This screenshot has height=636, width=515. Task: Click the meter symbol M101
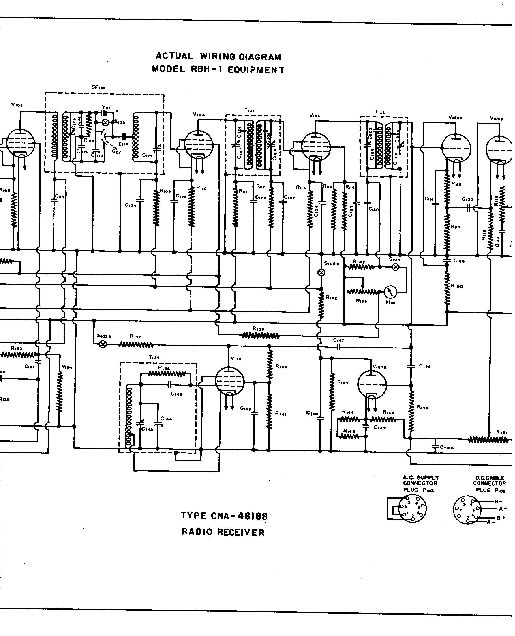tap(390, 292)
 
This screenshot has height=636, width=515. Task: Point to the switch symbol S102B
tap(103, 344)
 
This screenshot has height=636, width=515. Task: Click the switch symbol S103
tap(395, 267)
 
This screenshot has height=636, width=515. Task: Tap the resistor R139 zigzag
tap(260, 336)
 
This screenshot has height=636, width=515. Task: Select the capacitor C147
tap(338, 347)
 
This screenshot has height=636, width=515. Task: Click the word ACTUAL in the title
tap(175, 56)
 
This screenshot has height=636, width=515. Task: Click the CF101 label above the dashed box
tap(98, 88)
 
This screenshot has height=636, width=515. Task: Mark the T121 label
tap(249, 110)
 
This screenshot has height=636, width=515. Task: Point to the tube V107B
tap(372, 385)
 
